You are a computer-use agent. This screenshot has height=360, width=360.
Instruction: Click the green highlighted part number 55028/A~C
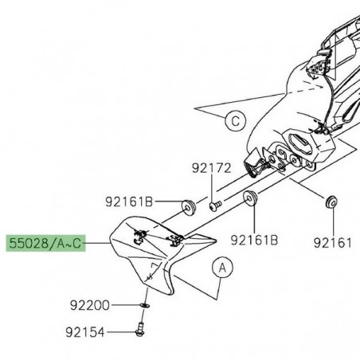point(45,242)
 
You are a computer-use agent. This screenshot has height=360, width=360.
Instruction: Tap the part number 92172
point(210,169)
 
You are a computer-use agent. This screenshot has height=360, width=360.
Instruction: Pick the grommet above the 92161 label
point(328,200)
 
